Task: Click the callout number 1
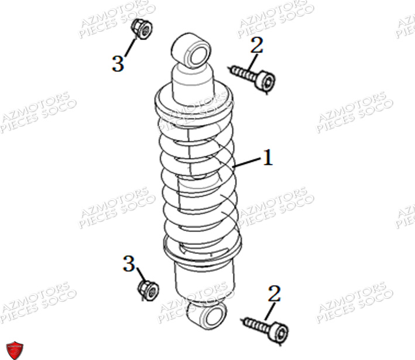(267, 157)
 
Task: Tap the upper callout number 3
(118, 64)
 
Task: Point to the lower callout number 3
(129, 264)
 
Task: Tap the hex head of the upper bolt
(267, 83)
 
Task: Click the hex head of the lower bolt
(280, 334)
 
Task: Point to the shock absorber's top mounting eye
(191, 50)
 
